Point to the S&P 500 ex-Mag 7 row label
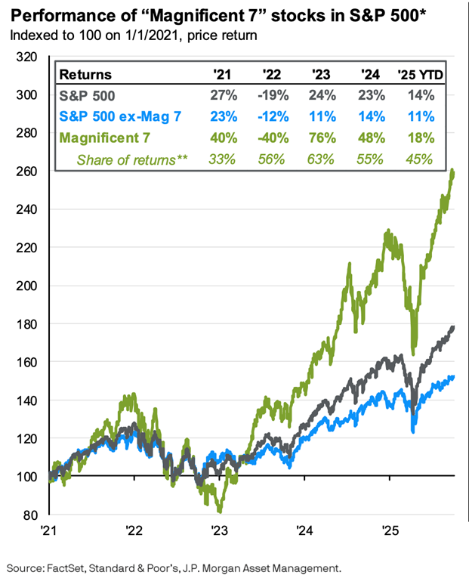click(110, 117)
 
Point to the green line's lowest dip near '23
click(218, 512)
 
